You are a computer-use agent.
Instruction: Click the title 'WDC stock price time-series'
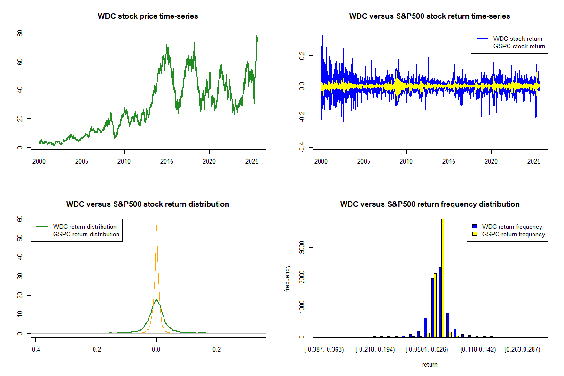pyautogui.click(x=148, y=16)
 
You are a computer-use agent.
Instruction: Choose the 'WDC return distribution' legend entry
pyautogui.click(x=85, y=227)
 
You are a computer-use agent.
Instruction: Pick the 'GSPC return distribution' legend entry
pyautogui.click(x=86, y=234)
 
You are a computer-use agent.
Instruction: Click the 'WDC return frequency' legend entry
pyautogui.click(x=512, y=227)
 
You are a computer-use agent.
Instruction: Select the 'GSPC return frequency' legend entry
pyautogui.click(x=513, y=234)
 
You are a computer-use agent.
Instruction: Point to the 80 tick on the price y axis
pyautogui.click(x=20, y=33)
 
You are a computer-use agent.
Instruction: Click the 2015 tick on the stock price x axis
pyautogui.click(x=167, y=157)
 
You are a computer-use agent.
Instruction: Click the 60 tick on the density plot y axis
pyautogui.click(x=20, y=219)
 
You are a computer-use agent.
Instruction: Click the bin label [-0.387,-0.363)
pyautogui.click(x=324, y=350)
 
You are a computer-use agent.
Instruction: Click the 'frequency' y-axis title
pyautogui.click(x=287, y=278)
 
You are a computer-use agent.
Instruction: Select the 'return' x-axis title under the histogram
pyautogui.click(x=430, y=364)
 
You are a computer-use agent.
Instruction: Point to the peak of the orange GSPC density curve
pyautogui.click(x=157, y=226)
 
